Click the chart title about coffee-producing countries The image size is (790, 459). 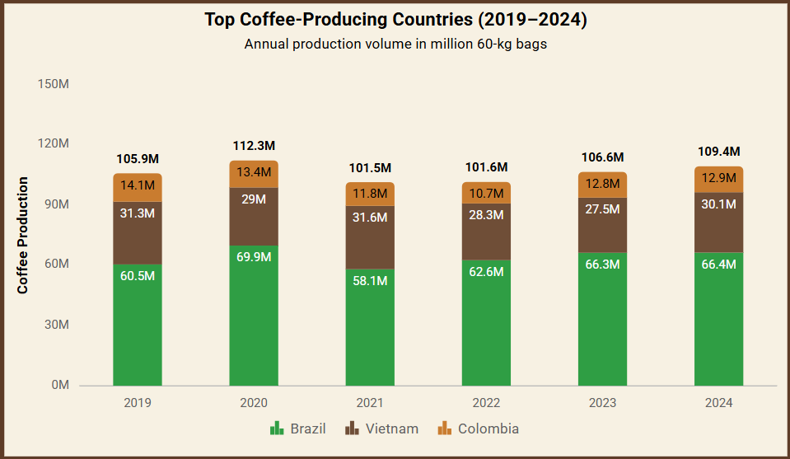(x=395, y=20)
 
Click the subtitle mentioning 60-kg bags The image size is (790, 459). (x=395, y=44)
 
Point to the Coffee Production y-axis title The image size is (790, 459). (x=23, y=236)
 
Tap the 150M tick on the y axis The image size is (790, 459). (x=53, y=84)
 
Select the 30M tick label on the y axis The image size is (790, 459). (x=56, y=325)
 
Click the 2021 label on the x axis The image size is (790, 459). (x=370, y=404)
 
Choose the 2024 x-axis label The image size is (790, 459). (x=718, y=404)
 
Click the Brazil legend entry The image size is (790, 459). (x=298, y=429)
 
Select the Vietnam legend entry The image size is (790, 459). (x=381, y=429)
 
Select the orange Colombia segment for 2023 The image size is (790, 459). (x=602, y=185)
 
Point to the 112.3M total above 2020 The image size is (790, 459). (x=254, y=146)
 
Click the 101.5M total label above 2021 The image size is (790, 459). (x=370, y=167)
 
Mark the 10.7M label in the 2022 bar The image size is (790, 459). (x=486, y=194)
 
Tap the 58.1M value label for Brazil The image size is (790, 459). (x=370, y=281)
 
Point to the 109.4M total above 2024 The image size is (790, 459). (x=718, y=152)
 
